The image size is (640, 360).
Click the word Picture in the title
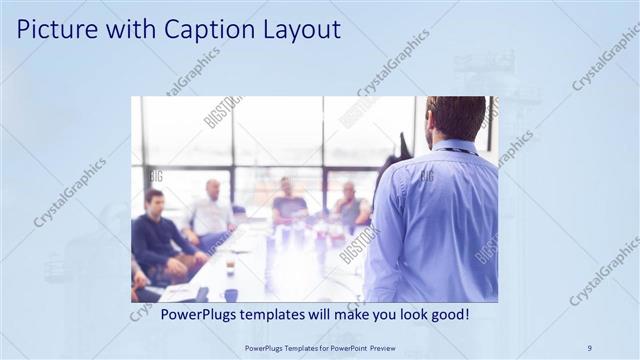coord(54,30)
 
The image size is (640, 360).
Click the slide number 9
coord(589,347)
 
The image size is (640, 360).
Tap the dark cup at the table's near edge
coord(231,295)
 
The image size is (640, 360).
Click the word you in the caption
coord(377,314)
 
